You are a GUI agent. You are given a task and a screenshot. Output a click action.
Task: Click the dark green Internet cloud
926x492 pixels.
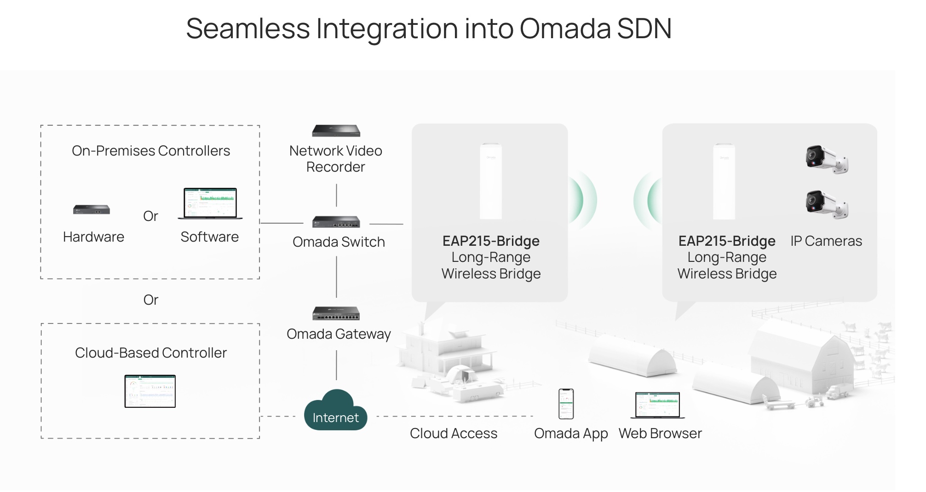[335, 411]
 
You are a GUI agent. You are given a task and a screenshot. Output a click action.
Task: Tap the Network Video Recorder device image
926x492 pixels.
[336, 131]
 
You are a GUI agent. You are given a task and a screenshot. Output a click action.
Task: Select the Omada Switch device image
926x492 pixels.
[336, 222]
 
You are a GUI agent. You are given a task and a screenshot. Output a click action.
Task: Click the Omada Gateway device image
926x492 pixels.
[336, 313]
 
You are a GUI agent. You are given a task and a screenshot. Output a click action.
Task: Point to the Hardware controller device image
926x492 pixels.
[92, 210]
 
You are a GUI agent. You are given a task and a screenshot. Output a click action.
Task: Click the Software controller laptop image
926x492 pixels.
[210, 203]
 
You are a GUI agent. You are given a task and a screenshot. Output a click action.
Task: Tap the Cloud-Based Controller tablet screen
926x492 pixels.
[150, 391]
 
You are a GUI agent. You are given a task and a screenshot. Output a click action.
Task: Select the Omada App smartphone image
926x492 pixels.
[566, 404]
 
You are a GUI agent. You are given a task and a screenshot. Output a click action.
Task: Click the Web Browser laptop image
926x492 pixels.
[657, 405]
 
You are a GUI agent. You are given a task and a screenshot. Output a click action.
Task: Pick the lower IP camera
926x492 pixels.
[827, 204]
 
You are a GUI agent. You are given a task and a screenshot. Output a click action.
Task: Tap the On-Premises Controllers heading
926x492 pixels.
[151, 151]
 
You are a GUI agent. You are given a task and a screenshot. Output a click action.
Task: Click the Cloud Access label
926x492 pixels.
[454, 434]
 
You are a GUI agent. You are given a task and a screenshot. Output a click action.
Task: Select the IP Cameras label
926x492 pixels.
[826, 241]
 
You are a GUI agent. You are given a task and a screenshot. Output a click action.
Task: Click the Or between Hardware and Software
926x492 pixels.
[150, 216]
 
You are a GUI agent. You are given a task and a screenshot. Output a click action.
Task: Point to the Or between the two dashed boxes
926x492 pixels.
[150, 300]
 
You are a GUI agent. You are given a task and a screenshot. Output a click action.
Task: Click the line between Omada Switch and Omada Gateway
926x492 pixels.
[336, 277]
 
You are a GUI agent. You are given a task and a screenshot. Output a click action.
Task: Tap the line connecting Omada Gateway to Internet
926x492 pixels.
[336, 365]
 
